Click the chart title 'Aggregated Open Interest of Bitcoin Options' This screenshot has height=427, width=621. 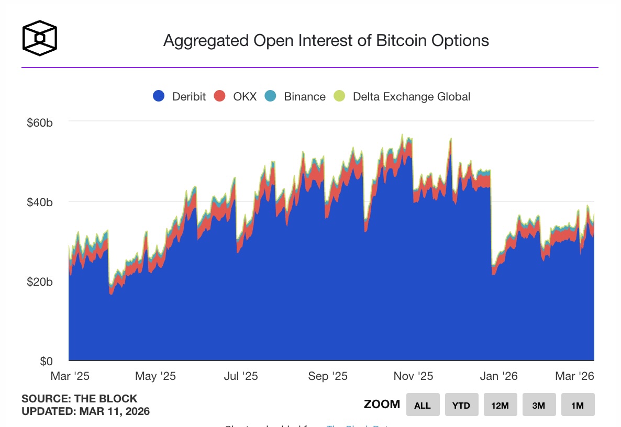pos(326,41)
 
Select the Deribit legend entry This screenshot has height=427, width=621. pos(180,96)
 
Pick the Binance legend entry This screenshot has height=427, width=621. pos(296,96)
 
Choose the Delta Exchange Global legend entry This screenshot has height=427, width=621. pos(403,96)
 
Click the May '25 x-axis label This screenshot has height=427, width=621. pos(156,376)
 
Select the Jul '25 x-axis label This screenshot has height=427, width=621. pos(242,376)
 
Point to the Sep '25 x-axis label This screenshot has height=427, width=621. pos(328,376)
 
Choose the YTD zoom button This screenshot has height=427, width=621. pos(461,405)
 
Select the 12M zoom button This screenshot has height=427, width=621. pos(500,405)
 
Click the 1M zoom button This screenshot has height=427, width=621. pos(578,405)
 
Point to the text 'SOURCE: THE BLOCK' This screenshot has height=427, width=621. pos(79,399)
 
